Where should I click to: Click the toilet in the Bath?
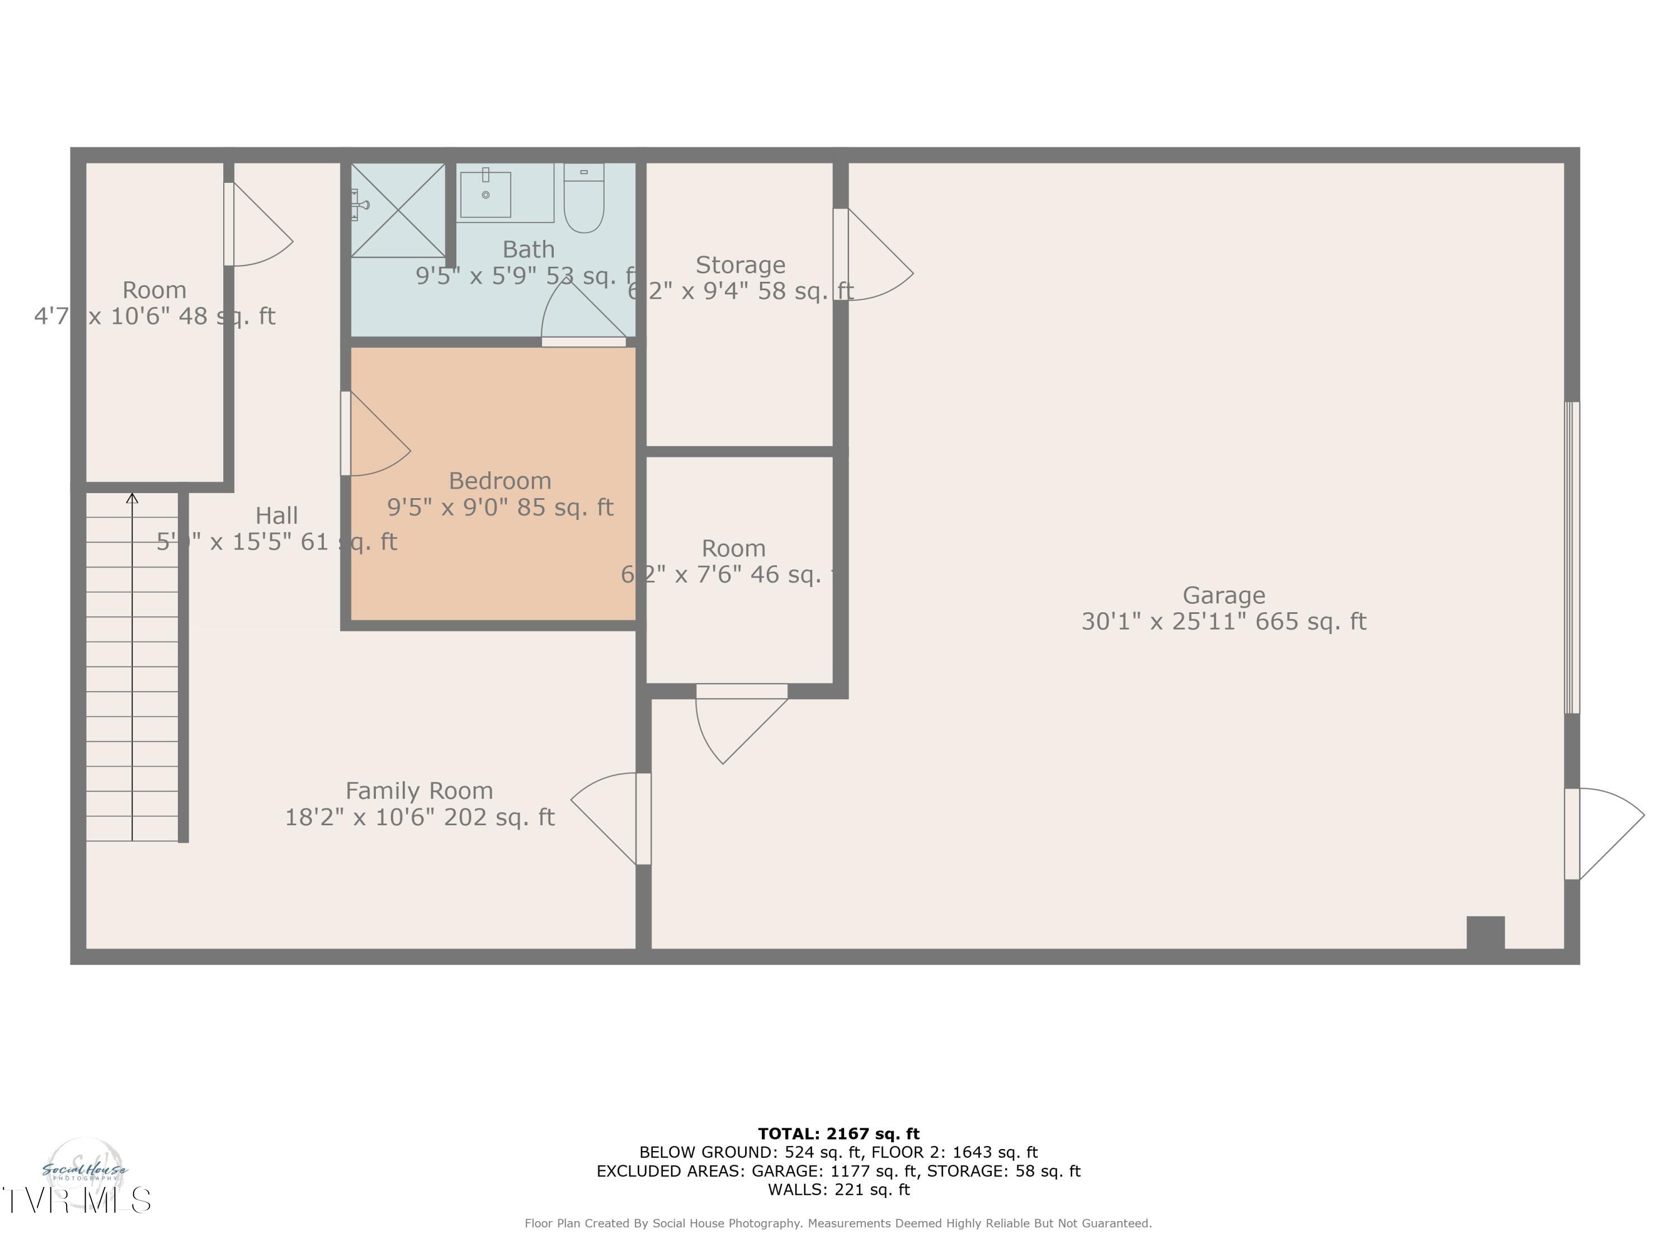coord(583,198)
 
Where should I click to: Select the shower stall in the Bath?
coord(398,210)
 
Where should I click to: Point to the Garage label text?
coord(1224,595)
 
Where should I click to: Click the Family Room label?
coord(419,791)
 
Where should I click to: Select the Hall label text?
coord(276,516)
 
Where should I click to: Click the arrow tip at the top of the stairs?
coord(132,498)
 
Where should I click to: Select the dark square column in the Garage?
coord(1486,933)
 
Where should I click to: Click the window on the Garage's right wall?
coord(1572,557)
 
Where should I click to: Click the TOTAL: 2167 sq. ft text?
coord(838,1134)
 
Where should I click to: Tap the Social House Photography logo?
coord(85,1171)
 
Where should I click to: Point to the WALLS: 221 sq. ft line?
coord(838,1190)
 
